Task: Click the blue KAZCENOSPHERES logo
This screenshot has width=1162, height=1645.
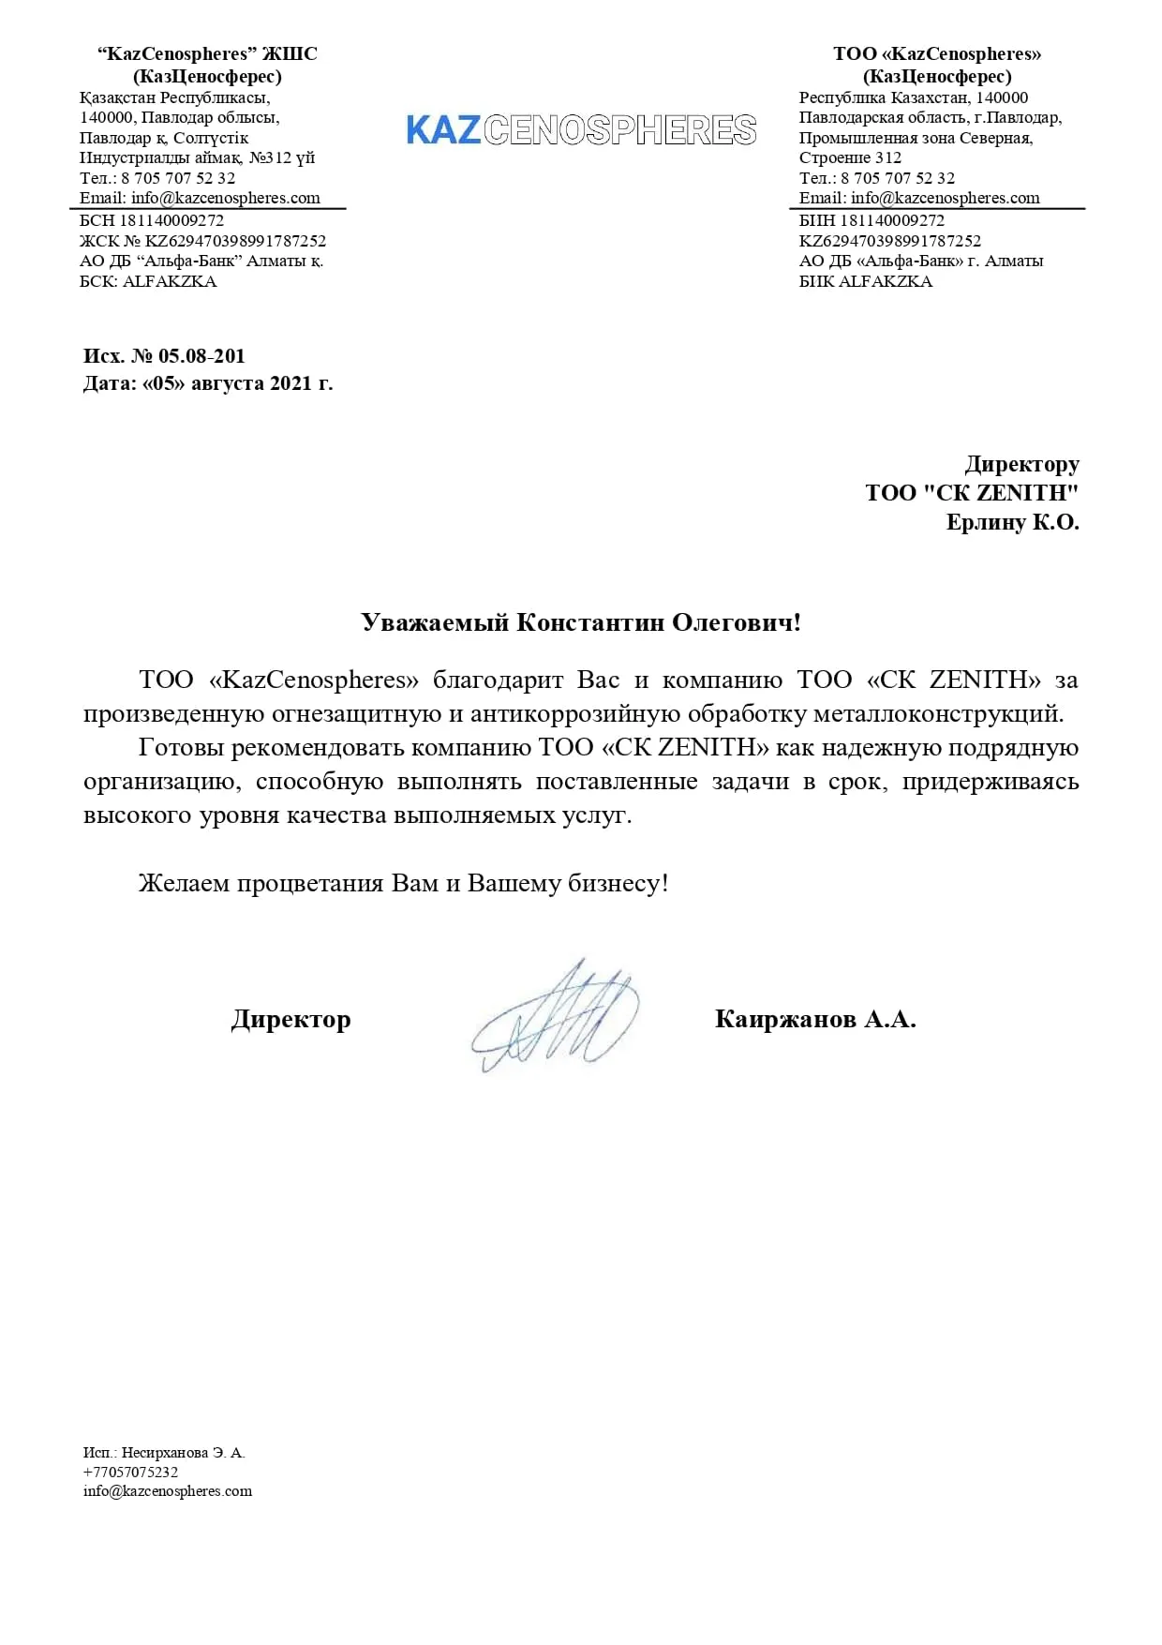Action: point(581,130)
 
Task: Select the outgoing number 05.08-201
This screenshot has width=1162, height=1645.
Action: point(201,356)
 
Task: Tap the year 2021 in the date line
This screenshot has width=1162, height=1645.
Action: point(291,383)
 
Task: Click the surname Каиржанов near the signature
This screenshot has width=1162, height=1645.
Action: point(785,1019)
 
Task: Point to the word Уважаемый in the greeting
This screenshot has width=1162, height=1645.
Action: point(435,622)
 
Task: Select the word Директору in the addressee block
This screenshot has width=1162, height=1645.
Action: point(1021,464)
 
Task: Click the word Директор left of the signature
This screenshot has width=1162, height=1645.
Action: point(290,1019)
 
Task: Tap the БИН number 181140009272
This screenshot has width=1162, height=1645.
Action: point(892,220)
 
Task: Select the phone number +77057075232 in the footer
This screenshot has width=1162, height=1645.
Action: point(130,1472)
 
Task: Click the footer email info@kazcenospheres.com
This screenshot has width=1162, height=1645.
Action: point(168,1490)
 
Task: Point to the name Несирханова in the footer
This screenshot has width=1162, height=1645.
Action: point(165,1452)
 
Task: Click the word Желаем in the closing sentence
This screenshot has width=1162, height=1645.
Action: point(184,883)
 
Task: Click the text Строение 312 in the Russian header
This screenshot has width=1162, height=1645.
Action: point(850,157)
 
